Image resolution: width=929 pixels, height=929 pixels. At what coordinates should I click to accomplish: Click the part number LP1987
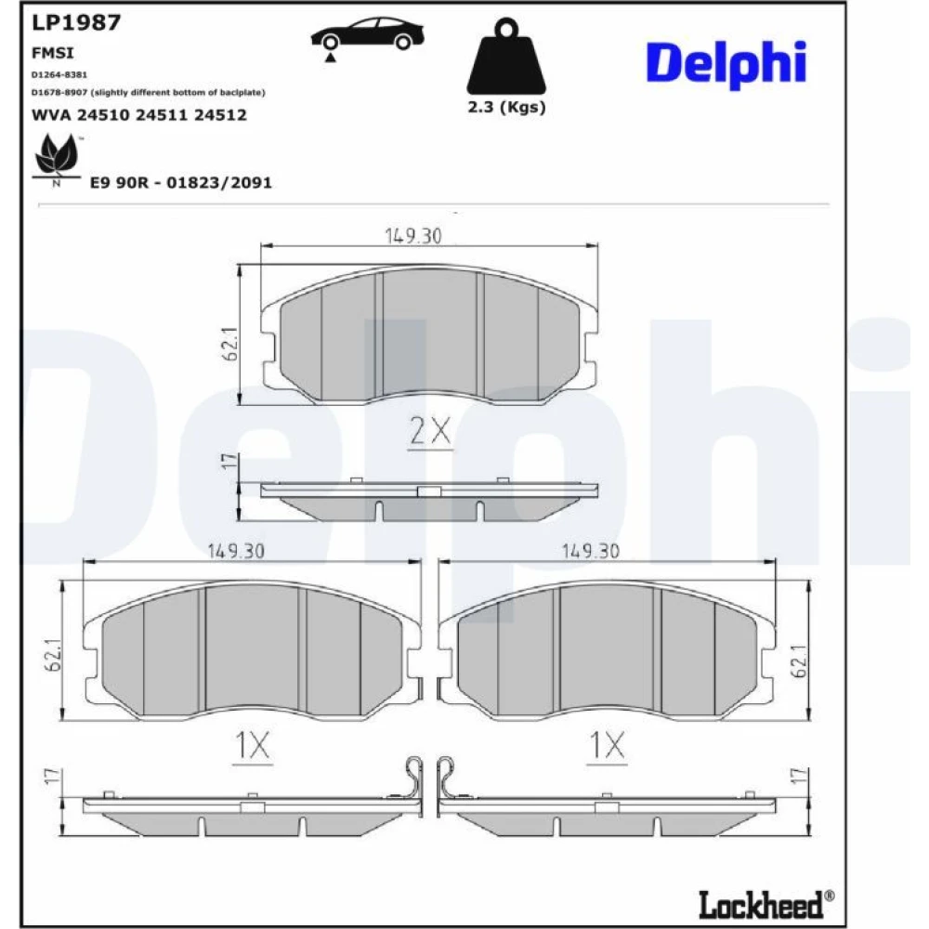tap(76, 22)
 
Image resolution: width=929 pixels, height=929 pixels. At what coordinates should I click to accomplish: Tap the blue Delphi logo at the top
tap(726, 63)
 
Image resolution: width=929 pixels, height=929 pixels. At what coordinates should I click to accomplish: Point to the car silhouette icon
tap(367, 37)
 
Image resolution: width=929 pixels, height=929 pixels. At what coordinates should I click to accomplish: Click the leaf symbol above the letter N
tap(57, 155)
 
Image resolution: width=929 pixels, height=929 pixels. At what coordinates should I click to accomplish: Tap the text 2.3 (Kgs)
tap(506, 107)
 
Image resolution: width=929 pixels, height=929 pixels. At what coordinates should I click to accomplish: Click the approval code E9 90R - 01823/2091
tap(181, 182)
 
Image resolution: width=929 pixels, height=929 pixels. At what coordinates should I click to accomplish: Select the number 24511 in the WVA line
tap(161, 115)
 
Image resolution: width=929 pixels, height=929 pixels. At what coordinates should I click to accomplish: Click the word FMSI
tap(53, 53)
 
